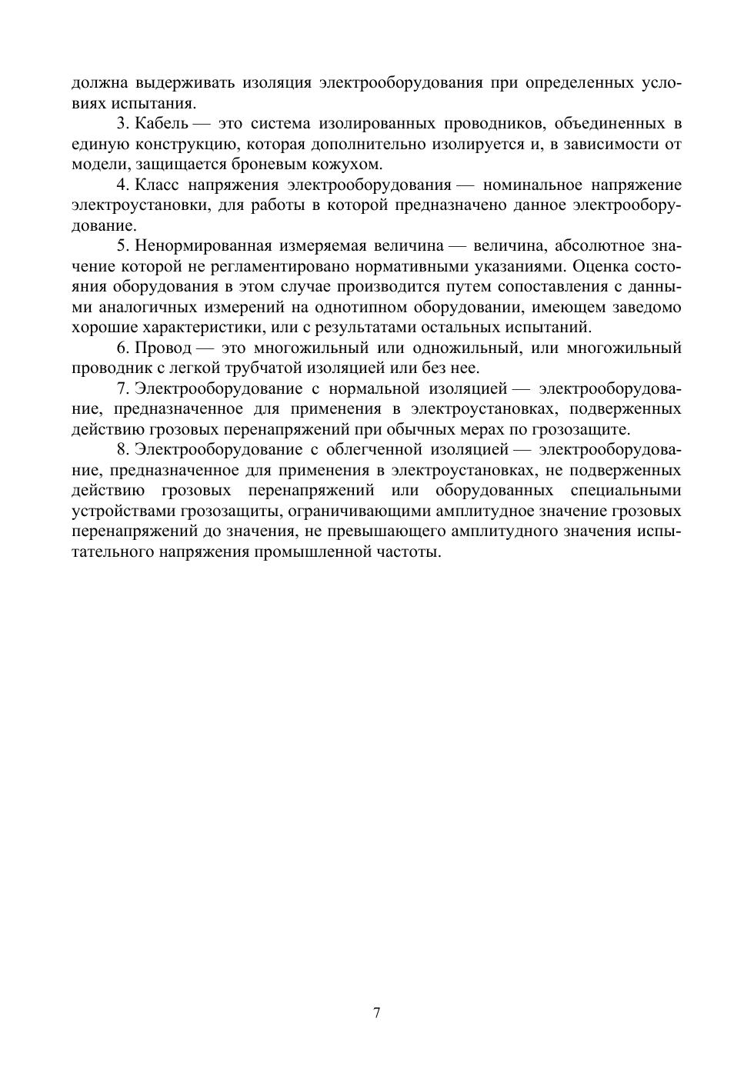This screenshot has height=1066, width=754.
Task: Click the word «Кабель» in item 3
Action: click(x=161, y=124)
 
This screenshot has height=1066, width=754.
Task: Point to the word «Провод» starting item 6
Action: click(x=162, y=348)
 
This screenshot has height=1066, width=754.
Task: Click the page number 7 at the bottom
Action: click(x=377, y=1013)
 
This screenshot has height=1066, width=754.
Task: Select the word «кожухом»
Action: click(x=352, y=165)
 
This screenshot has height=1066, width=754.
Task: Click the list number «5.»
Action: click(x=122, y=246)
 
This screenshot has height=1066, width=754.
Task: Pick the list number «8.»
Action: click(x=122, y=450)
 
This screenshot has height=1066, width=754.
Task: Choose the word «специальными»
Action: click(x=626, y=491)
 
